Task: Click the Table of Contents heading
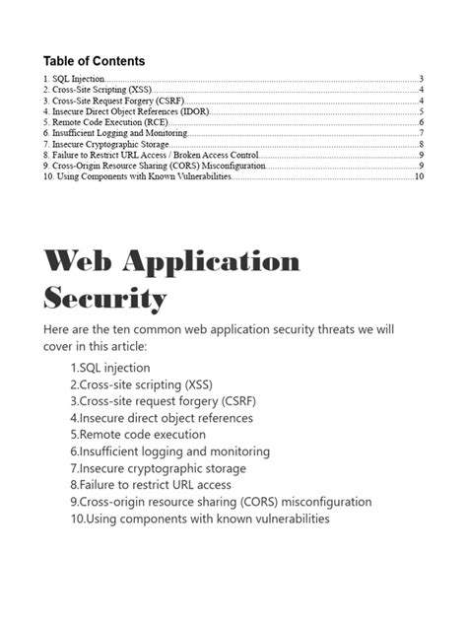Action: click(94, 61)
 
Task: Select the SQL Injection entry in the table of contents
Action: click(74, 79)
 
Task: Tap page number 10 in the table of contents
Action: click(419, 177)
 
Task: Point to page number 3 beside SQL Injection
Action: click(421, 79)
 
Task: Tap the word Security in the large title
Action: click(104, 299)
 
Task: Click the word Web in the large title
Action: click(78, 263)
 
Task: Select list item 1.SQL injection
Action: click(109, 368)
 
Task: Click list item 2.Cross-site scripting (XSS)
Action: click(141, 384)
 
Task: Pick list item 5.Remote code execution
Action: click(137, 435)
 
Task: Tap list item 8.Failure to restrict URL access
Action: click(151, 485)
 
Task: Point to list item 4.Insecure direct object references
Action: click(161, 418)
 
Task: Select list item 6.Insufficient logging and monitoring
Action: click(169, 451)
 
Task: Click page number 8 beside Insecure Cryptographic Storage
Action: click(421, 144)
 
